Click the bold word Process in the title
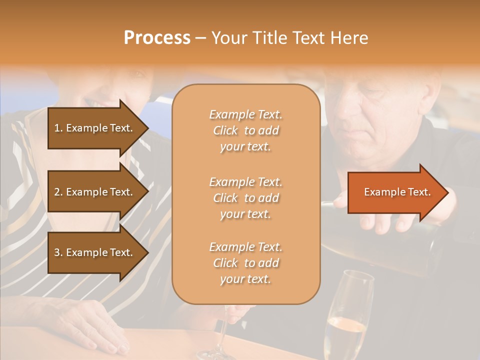[157, 38]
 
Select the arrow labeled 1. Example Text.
[95, 128]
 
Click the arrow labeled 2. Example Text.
[95, 192]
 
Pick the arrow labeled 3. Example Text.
[95, 252]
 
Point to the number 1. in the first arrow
[58, 128]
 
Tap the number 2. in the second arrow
[58, 192]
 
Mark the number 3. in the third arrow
[58, 252]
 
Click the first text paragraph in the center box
[245, 130]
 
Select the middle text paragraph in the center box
[245, 198]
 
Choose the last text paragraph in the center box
[245, 263]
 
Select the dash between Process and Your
[201, 38]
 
